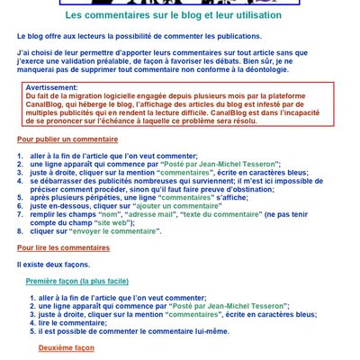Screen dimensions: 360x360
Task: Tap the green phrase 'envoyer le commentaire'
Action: [118, 230]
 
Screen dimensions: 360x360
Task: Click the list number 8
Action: [20, 230]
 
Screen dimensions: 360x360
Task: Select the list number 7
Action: [20, 214]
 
